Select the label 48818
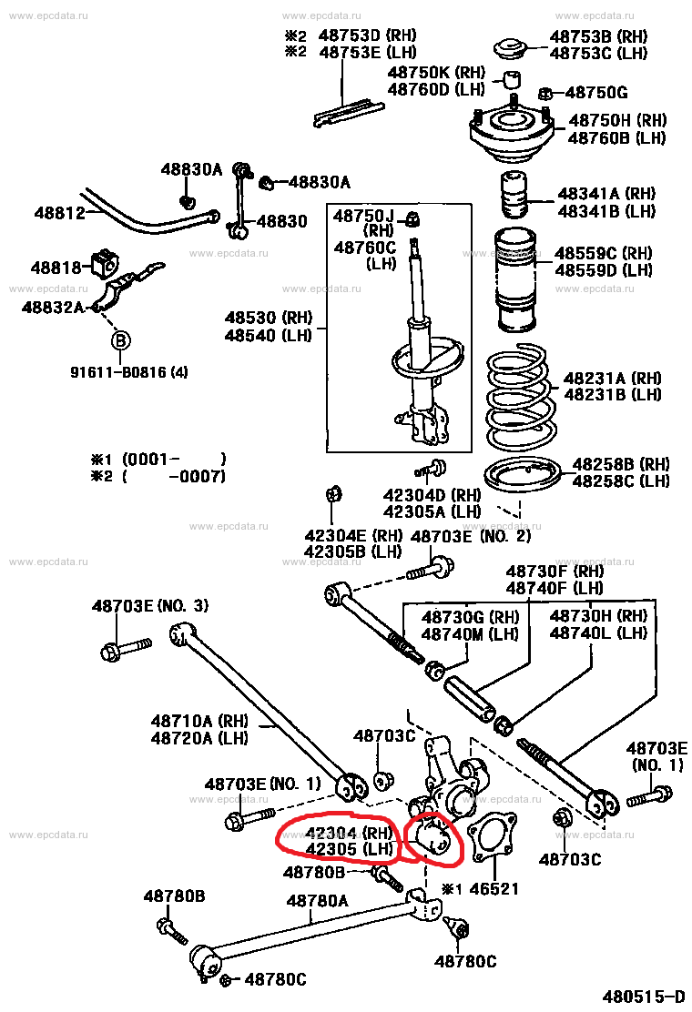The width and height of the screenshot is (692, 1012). (56, 268)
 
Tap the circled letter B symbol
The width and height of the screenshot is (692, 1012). (120, 341)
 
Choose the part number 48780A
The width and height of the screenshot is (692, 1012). (318, 901)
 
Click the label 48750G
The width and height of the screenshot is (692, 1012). (596, 93)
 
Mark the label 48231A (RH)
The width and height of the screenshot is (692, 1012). (612, 378)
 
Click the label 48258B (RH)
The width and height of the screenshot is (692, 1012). (620, 463)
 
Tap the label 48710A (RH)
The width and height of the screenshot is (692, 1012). (199, 720)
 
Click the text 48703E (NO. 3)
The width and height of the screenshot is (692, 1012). (150, 606)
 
